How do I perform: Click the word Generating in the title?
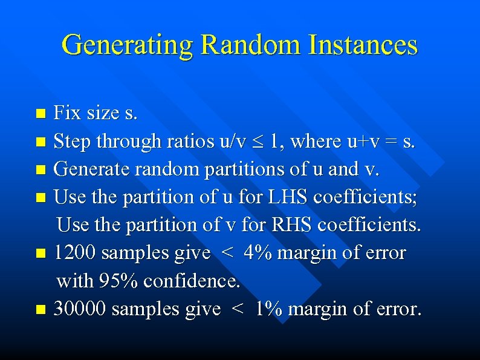[127, 45]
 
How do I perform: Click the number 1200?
[75, 253]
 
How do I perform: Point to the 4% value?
[258, 253]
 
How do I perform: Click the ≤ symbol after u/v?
[257, 142]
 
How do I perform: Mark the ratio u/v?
[232, 142]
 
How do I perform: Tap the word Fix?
[68, 113]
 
